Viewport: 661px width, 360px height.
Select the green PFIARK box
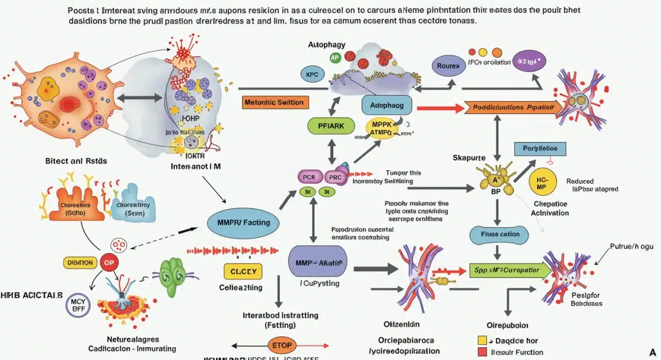(331, 126)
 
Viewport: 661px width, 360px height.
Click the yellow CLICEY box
(243, 271)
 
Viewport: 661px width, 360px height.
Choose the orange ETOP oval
(282, 345)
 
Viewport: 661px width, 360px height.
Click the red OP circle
(109, 263)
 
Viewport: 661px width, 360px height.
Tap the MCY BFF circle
(78, 305)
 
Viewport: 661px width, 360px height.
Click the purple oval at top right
(529, 62)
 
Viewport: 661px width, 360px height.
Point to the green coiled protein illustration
(176, 271)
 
